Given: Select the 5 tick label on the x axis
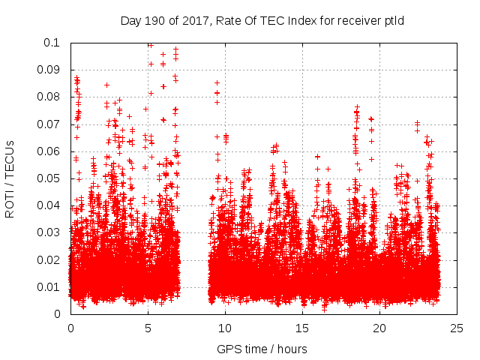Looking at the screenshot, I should point(148,328).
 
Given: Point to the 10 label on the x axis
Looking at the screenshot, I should point(225,328).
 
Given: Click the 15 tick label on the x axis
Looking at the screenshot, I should point(302,328).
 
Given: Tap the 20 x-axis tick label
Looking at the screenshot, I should point(379,328).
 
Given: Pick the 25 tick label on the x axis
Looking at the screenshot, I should point(457,328).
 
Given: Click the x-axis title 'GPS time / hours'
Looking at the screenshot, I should point(263,349).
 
